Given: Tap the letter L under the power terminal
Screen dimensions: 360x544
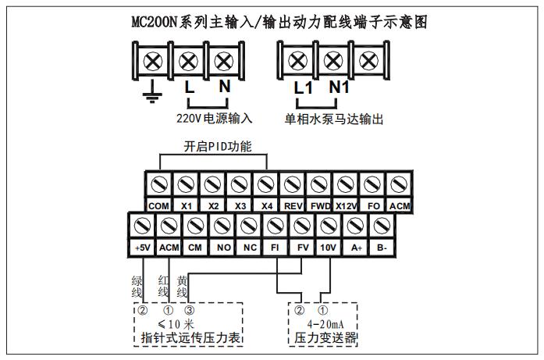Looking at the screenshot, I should pyautogui.click(x=189, y=87).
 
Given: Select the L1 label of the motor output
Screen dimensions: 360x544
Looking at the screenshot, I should pyautogui.click(x=304, y=87).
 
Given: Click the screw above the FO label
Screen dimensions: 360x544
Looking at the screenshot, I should pyautogui.click(x=372, y=184).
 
